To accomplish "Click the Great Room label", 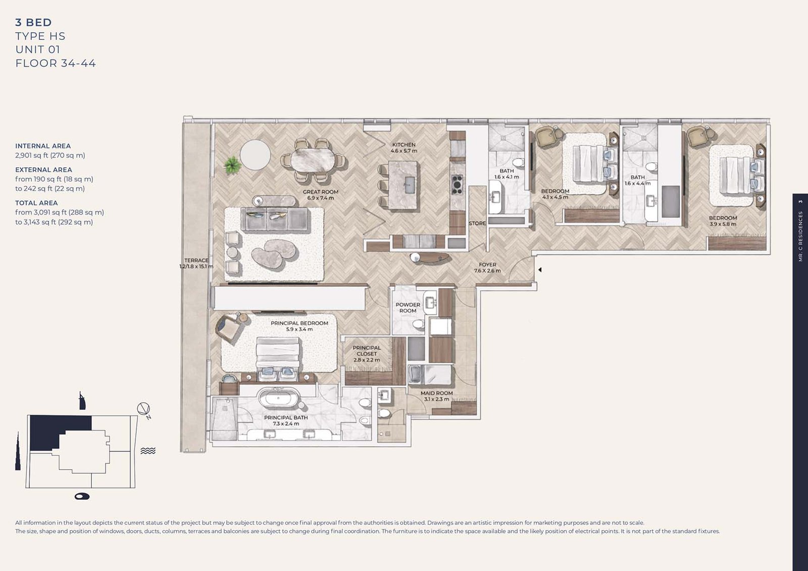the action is (320, 195).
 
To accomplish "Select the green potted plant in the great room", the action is (232, 165).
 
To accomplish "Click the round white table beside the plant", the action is (255, 154).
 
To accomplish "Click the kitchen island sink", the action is (410, 185).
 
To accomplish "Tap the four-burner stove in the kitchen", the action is (457, 185).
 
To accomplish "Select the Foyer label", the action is (487, 267).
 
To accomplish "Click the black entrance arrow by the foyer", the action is (540, 270).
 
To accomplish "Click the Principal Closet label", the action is (367, 354).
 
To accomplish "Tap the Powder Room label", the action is (408, 307).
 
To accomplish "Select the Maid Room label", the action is (436, 396).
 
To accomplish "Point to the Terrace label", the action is (196, 264).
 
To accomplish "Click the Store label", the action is (477, 223).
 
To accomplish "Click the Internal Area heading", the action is (43, 146).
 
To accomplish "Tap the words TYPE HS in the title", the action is (40, 36).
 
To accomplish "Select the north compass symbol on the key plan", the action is (144, 410).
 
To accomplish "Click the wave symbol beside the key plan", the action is (148, 450).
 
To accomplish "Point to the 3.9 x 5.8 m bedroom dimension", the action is (723, 224).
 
